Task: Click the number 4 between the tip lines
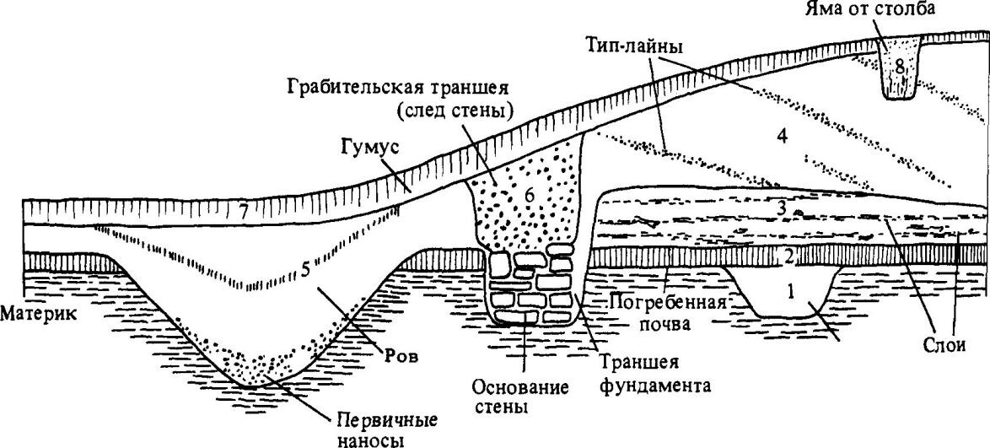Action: click(x=782, y=135)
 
